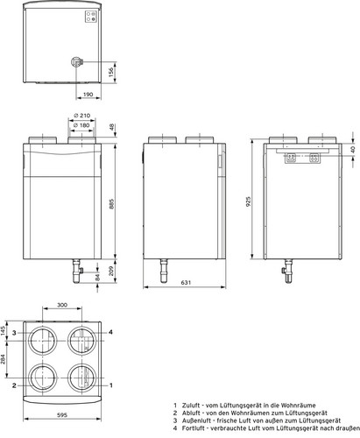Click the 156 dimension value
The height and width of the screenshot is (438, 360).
111,72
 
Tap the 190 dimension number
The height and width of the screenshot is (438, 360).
88,95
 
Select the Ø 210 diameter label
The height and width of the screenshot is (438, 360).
81,116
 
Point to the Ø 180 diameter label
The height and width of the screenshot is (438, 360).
81,125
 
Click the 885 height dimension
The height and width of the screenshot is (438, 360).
111,203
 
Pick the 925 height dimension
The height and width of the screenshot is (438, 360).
249,201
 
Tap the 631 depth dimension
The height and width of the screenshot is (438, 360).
186,282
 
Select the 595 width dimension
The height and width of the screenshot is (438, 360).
62,414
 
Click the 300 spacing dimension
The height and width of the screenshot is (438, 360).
62,305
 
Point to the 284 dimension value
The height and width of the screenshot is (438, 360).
3,359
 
